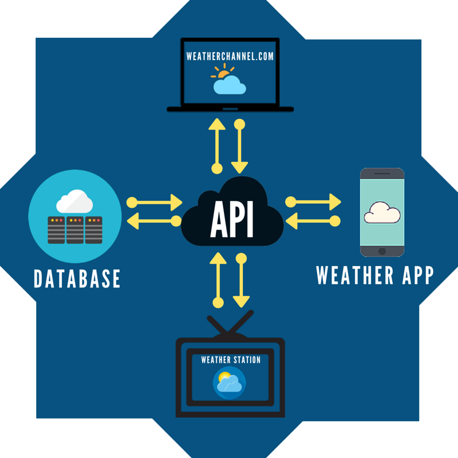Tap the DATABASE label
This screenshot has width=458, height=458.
click(x=77, y=278)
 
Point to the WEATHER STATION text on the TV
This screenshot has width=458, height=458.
click(x=230, y=360)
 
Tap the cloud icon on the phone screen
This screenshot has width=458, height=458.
click(x=382, y=212)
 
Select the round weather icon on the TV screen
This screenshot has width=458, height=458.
click(x=230, y=382)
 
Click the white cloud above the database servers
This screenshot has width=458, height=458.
click(x=74, y=202)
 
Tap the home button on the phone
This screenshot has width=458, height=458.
click(x=382, y=251)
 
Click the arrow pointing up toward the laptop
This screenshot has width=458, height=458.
click(x=217, y=146)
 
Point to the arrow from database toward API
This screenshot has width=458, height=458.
click(x=155, y=202)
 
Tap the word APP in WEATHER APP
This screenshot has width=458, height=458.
click(x=410, y=275)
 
